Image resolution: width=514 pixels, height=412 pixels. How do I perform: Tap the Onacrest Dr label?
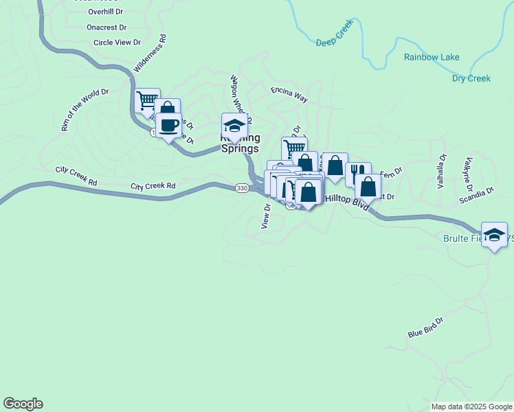point(107,27)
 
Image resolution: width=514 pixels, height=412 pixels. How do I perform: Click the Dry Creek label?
point(471,78)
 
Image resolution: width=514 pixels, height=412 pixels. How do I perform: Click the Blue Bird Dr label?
point(425,328)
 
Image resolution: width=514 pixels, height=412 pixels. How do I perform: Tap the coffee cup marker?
point(169,126)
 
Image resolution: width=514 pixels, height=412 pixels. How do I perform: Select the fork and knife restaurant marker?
point(358,173)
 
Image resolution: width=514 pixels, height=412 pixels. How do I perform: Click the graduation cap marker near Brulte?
point(494,234)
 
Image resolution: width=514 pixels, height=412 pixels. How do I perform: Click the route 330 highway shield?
point(241,188)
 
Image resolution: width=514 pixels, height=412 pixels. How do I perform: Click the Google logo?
point(23,404)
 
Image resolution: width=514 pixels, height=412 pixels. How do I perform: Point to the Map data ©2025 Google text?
point(471,407)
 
